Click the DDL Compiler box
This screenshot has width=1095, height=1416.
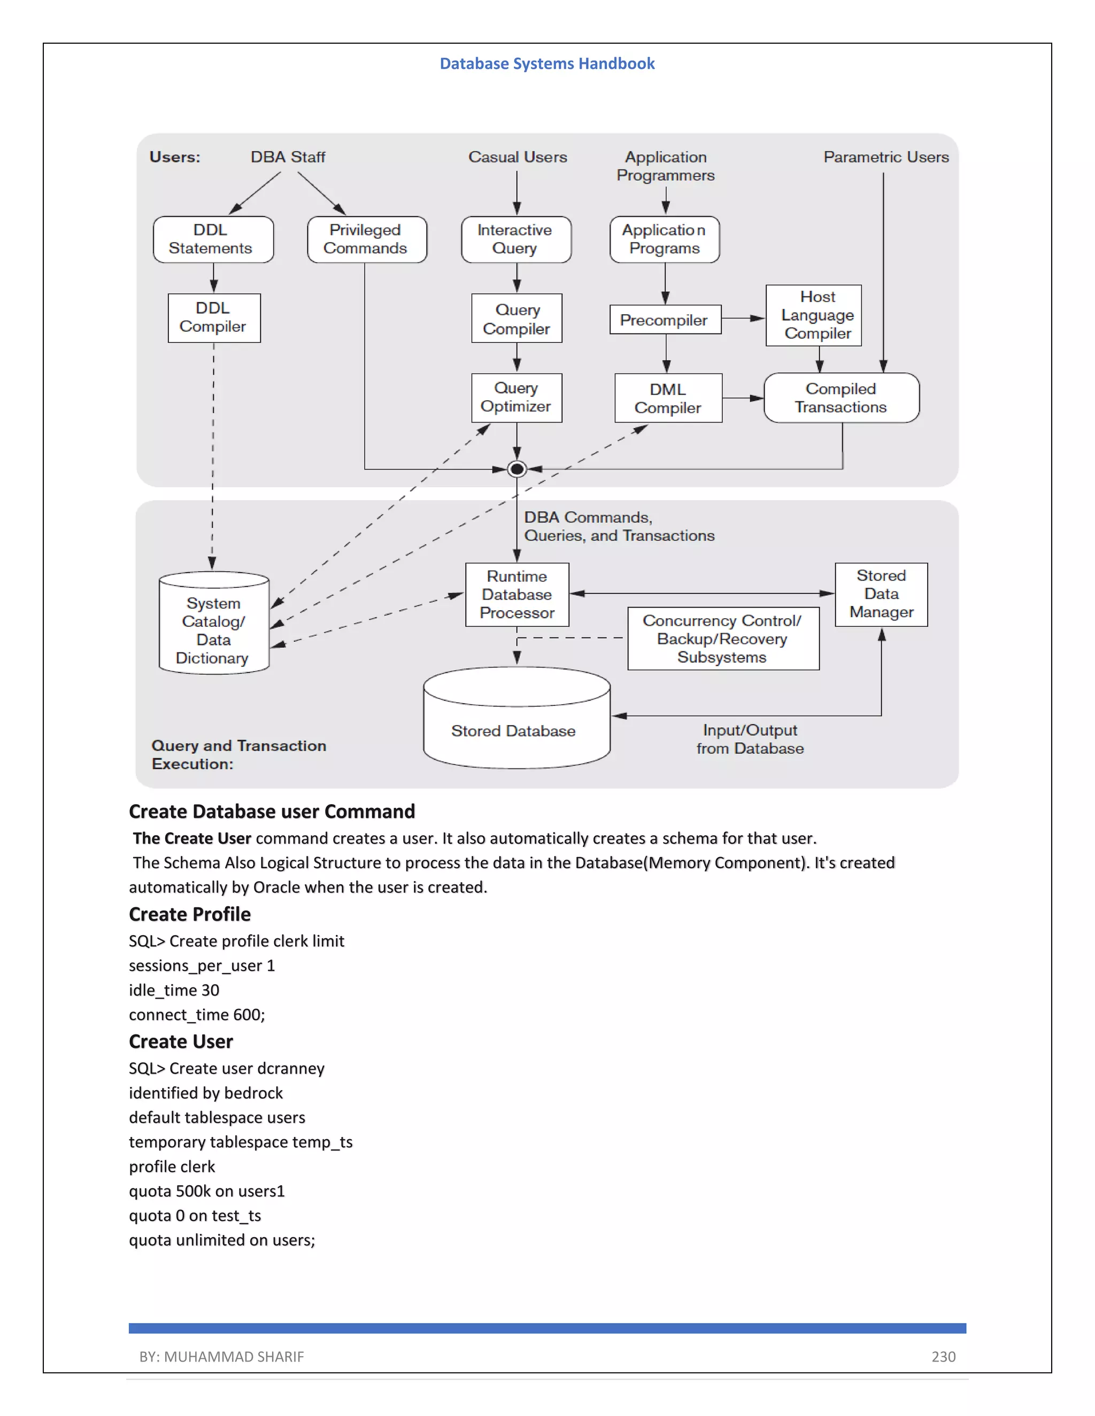(214, 318)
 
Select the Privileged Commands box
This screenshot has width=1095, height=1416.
(366, 239)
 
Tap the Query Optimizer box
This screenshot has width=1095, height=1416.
(516, 398)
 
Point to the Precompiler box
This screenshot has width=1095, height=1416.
(665, 320)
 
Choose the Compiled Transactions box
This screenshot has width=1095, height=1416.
(842, 398)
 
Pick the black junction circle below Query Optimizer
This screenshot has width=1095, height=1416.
(517, 469)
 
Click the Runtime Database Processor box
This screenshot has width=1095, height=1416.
(517, 595)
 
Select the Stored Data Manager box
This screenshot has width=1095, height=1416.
(881, 595)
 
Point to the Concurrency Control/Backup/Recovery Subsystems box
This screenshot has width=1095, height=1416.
(723, 639)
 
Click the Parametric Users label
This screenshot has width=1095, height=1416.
(885, 157)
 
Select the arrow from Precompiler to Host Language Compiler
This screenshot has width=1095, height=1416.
(743, 318)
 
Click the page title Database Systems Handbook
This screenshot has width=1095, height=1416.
(547, 64)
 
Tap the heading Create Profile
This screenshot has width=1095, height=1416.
(189, 914)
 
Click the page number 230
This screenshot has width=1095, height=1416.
(943, 1356)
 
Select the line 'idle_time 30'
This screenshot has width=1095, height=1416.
(174, 990)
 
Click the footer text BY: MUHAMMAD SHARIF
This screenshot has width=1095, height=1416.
(221, 1356)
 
